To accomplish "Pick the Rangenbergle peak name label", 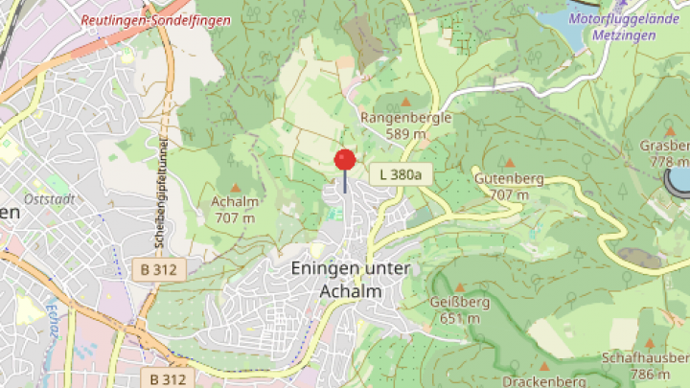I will click(405, 117).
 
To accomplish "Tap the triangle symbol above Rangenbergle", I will click(405, 101).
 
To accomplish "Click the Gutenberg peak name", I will click(509, 179).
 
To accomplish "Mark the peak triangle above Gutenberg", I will click(509, 163).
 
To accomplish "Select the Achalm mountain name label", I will click(235, 202).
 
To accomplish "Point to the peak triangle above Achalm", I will click(235, 187).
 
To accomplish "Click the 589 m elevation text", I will click(405, 134).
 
